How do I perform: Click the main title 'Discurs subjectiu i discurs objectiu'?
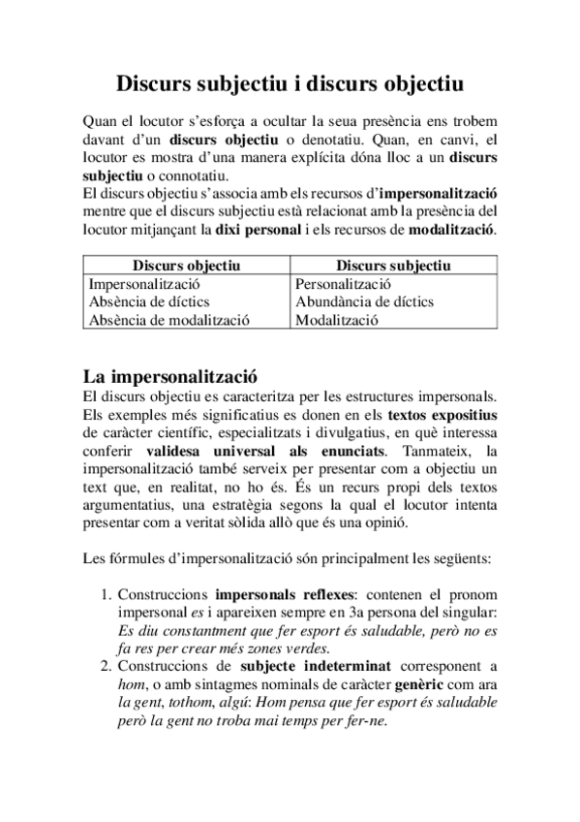(290, 84)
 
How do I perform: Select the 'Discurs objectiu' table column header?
(186, 266)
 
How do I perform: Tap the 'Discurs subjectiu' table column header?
(392, 266)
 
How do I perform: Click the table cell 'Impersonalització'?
(143, 284)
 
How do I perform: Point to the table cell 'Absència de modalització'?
(169, 320)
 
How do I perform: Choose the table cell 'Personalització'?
(343, 284)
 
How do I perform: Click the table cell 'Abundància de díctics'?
(364, 301)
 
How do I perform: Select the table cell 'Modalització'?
(336, 320)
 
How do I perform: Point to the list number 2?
(107, 667)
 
